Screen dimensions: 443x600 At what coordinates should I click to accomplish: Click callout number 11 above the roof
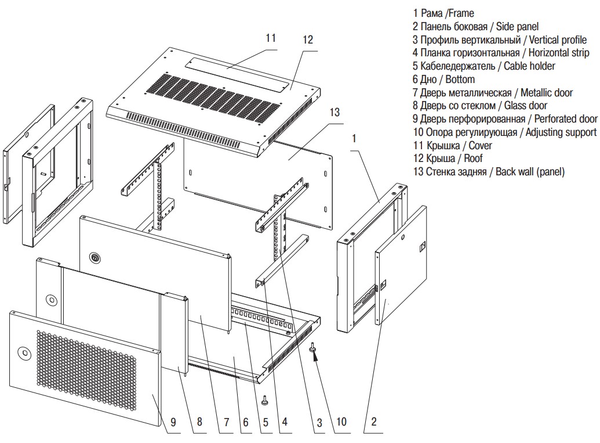pyautogui.click(x=270, y=38)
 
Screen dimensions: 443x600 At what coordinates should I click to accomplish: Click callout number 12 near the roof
pyautogui.click(x=307, y=40)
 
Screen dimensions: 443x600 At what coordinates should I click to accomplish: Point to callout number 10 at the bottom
pyautogui.click(x=341, y=422)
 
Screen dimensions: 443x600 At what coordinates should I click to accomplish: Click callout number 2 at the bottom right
pyautogui.click(x=374, y=422)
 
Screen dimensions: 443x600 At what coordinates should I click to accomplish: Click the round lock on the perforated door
pyautogui.click(x=24, y=352)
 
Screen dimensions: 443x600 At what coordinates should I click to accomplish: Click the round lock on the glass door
pyautogui.click(x=52, y=301)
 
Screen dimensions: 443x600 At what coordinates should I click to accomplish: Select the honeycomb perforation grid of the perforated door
pyautogui.click(x=87, y=372)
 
